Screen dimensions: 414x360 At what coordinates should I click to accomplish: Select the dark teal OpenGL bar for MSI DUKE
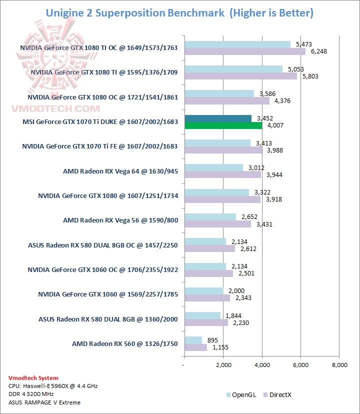(x=218, y=118)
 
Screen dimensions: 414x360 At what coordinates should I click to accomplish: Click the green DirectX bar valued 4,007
(x=223, y=125)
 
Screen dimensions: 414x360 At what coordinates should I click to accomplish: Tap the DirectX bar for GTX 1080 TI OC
(x=245, y=51)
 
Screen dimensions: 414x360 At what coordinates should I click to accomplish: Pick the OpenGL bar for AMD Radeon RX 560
(x=193, y=340)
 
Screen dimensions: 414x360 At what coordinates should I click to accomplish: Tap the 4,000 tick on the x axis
(x=262, y=365)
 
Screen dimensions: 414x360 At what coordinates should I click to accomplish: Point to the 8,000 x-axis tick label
(x=339, y=365)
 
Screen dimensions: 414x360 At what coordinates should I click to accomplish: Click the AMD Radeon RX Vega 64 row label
(x=120, y=171)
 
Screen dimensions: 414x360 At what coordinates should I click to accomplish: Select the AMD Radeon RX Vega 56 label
(x=120, y=220)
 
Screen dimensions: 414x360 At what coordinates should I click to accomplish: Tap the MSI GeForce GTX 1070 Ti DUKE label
(x=100, y=122)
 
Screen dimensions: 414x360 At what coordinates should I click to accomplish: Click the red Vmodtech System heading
(x=33, y=378)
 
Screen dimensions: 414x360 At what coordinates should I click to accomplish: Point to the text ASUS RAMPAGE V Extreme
(x=44, y=402)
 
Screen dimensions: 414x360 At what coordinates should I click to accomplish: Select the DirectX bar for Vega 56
(x=217, y=223)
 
